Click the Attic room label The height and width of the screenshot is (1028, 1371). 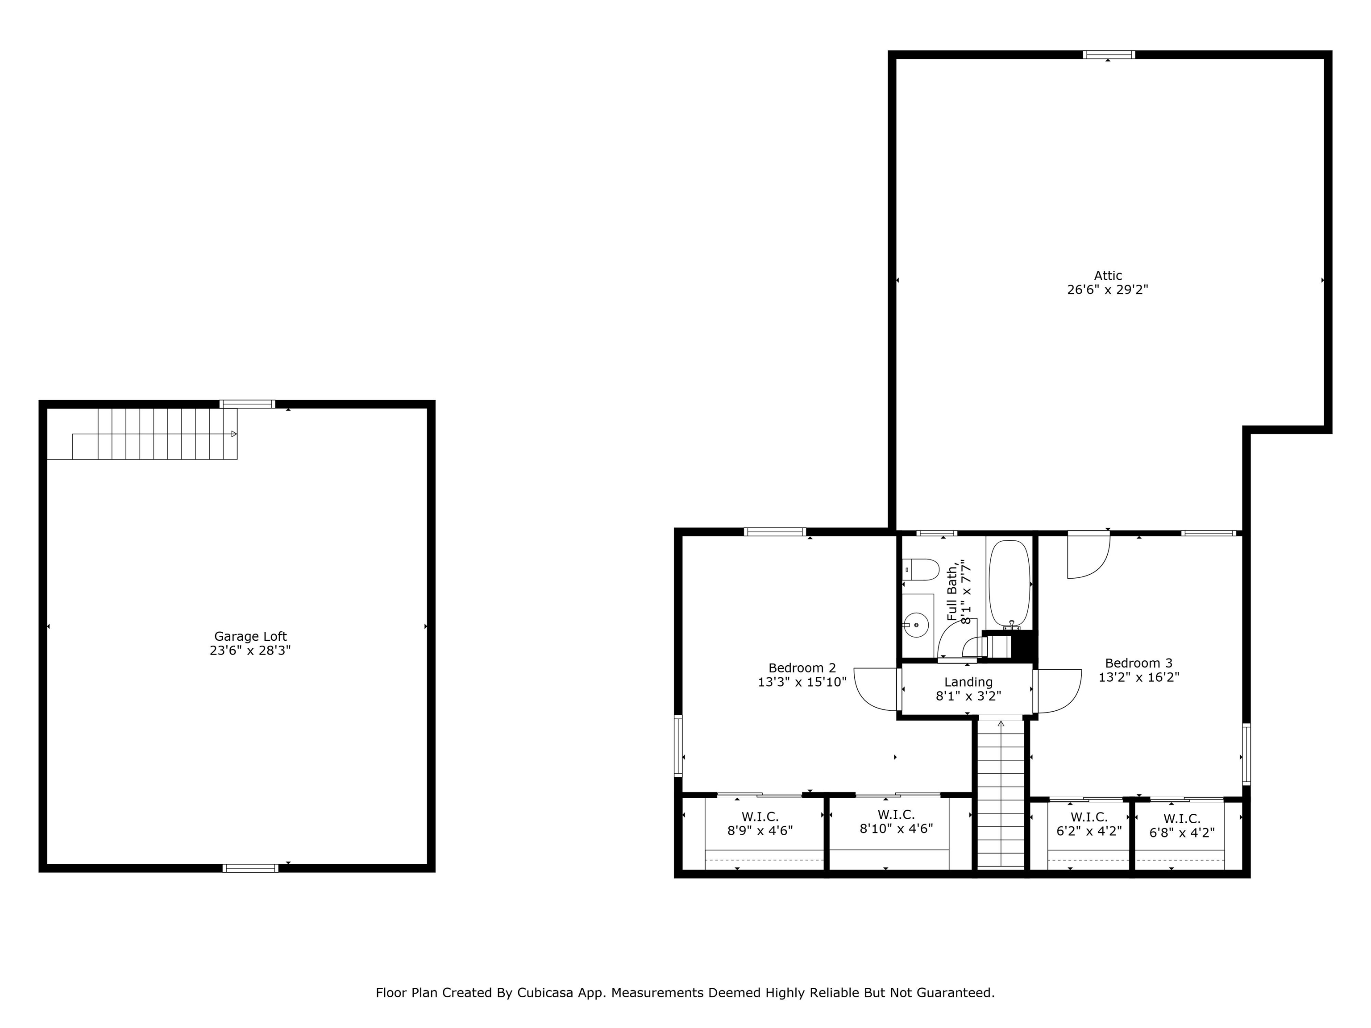tap(1108, 276)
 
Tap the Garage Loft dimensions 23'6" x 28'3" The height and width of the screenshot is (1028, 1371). tap(250, 651)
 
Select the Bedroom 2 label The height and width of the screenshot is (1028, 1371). tap(802, 668)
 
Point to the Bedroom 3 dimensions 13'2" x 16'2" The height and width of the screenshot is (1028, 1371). tap(1138, 678)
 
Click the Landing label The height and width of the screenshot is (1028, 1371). tap(968, 682)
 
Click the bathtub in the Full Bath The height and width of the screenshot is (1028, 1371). tap(1009, 584)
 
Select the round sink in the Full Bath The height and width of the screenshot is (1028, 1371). tap(916, 625)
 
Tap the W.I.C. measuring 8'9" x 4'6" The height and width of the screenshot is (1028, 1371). tap(760, 824)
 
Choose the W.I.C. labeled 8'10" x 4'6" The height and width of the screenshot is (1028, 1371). tap(896, 822)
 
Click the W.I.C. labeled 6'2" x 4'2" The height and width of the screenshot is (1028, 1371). tap(1089, 825)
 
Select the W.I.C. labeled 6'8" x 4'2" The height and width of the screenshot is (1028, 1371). tap(1181, 826)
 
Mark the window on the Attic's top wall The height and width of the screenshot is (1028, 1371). tap(1109, 54)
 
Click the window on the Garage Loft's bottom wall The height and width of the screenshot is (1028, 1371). tap(250, 868)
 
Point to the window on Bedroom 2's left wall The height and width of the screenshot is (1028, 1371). tap(678, 746)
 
